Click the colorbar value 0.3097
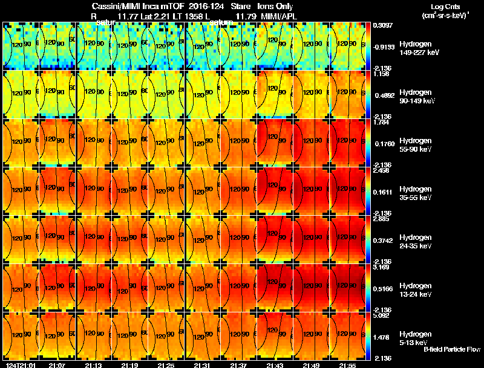pyautogui.click(x=381, y=25)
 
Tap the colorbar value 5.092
pyautogui.click(x=381, y=315)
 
